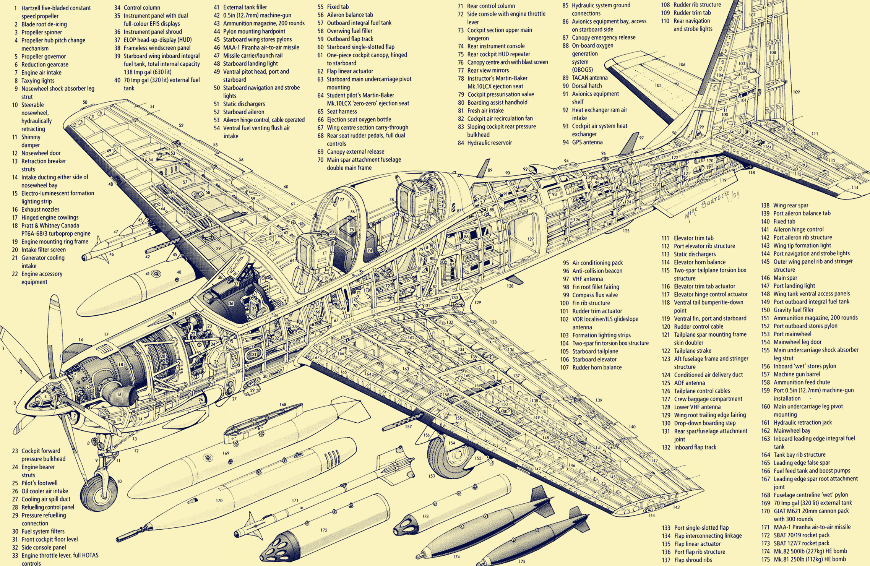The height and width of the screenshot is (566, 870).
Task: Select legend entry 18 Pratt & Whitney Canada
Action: tap(55, 229)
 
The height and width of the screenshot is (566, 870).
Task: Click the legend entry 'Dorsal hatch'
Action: tap(587, 86)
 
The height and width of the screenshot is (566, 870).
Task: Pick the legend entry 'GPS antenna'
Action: tap(587, 142)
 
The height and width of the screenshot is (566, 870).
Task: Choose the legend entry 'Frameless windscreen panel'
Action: tap(157, 48)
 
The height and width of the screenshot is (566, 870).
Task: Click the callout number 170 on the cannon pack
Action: tap(219, 500)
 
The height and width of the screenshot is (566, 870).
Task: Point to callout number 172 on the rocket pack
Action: tap(324, 530)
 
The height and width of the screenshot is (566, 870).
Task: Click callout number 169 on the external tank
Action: tap(226, 453)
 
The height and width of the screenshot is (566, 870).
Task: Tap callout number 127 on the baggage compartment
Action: tap(530, 239)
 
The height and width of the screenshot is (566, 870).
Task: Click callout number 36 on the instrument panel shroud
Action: tap(231, 303)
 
